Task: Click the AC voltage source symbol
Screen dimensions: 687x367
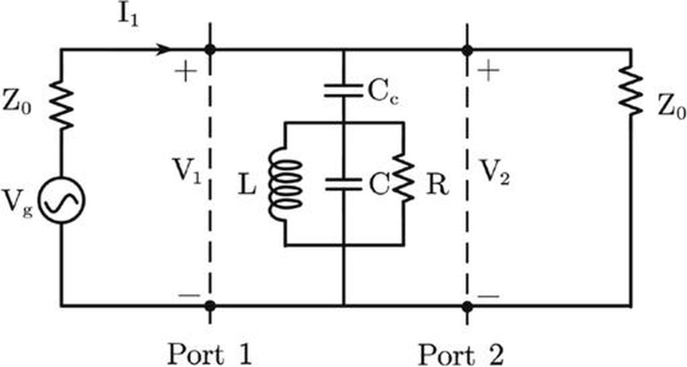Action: tap(62, 200)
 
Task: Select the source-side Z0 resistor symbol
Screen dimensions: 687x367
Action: tap(61, 104)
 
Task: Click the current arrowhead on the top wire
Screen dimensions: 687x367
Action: tap(163, 49)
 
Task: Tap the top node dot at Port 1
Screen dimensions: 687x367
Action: tap(210, 49)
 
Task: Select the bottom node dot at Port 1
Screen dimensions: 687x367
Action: tap(210, 306)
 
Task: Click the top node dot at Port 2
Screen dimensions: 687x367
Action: tap(467, 50)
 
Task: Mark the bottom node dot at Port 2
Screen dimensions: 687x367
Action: tap(467, 306)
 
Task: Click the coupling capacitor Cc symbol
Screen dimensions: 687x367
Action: tap(344, 91)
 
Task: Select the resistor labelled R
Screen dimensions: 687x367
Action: tap(404, 178)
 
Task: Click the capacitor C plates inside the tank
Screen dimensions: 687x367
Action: tap(344, 184)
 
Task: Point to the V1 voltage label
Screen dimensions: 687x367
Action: tap(188, 171)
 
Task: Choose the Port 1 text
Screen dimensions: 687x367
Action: tap(210, 354)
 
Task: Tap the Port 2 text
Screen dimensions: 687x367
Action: tap(461, 354)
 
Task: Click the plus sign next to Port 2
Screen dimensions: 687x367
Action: tap(488, 71)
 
